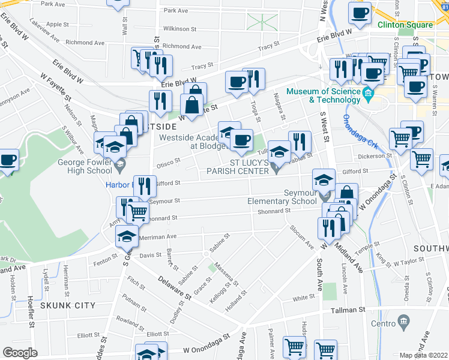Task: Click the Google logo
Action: [x=20, y=353]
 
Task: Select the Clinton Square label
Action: [x=405, y=25]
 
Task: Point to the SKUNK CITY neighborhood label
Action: [x=68, y=305]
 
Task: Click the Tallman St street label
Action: [x=348, y=311]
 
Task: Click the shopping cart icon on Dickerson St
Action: [x=421, y=159]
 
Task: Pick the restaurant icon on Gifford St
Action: [x=144, y=186]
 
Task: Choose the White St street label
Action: [x=304, y=298]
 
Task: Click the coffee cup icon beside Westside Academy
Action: [x=242, y=140]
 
